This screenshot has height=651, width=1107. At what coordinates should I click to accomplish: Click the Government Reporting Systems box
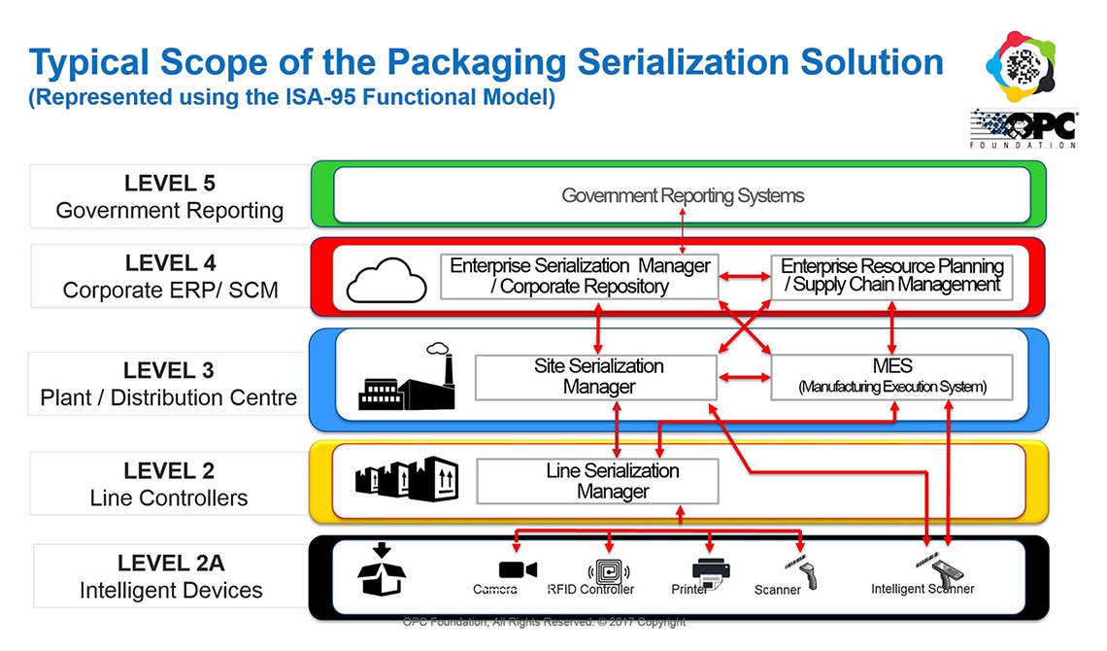(683, 196)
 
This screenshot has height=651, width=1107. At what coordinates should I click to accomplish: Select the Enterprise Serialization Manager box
(580, 276)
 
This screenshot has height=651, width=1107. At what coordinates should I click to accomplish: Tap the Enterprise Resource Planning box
(891, 276)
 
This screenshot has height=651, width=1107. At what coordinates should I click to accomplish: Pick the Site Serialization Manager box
(597, 376)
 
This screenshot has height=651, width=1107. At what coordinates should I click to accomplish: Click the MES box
(891, 376)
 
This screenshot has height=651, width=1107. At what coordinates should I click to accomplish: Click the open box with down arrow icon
(381, 570)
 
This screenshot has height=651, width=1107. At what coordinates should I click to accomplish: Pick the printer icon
(712, 570)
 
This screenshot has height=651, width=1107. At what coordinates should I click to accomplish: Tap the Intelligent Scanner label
(922, 589)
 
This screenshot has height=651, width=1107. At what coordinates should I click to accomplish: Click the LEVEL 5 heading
(170, 183)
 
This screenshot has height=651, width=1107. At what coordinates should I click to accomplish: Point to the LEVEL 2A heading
(170, 564)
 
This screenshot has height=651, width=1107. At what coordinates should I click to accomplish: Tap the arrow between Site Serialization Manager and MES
(744, 377)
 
